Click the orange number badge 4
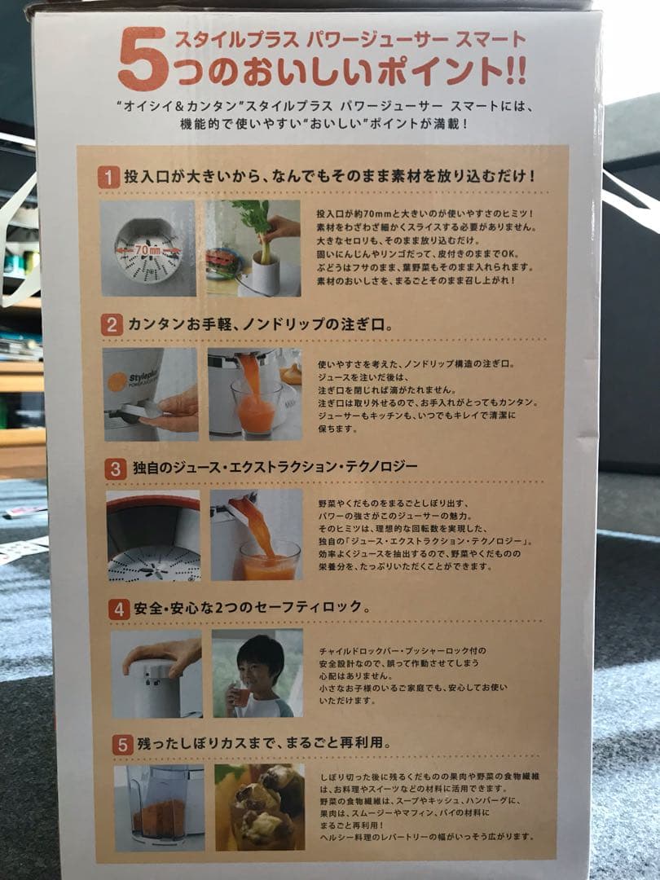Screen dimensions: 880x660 (120, 608)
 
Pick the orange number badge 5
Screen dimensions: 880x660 (122, 744)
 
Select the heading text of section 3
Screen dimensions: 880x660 (275, 467)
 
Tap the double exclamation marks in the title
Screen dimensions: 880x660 (514, 72)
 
